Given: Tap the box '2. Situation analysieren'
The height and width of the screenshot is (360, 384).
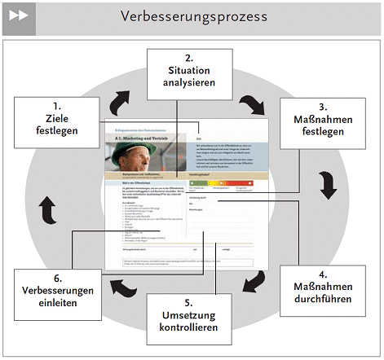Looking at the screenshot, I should click(188, 71).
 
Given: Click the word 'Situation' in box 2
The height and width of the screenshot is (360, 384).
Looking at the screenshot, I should click(188, 71).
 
